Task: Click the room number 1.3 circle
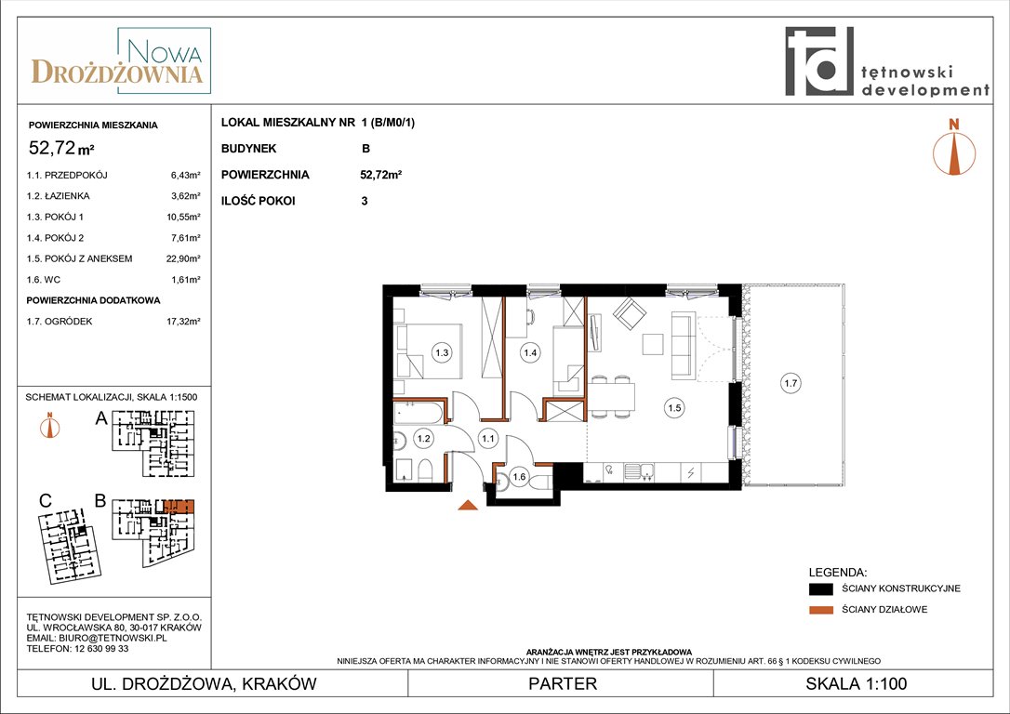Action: (442, 352)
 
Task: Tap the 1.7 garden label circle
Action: (791, 383)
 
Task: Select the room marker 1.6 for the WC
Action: (519, 477)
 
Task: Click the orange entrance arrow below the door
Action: (468, 506)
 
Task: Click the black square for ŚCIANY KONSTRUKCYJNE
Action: (820, 588)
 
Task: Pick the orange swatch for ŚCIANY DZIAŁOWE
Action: (820, 610)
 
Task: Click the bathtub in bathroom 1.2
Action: (419, 412)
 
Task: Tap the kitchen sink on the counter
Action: (638, 472)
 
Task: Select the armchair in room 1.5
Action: (629, 313)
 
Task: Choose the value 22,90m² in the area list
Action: (183, 258)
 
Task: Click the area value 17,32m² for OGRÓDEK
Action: (183, 321)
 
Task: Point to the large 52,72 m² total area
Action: (61, 148)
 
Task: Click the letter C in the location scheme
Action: (46, 501)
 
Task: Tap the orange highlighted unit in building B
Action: (179, 506)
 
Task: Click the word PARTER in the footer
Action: (563, 683)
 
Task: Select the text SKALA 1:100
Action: (856, 683)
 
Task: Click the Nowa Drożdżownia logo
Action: (120, 60)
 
